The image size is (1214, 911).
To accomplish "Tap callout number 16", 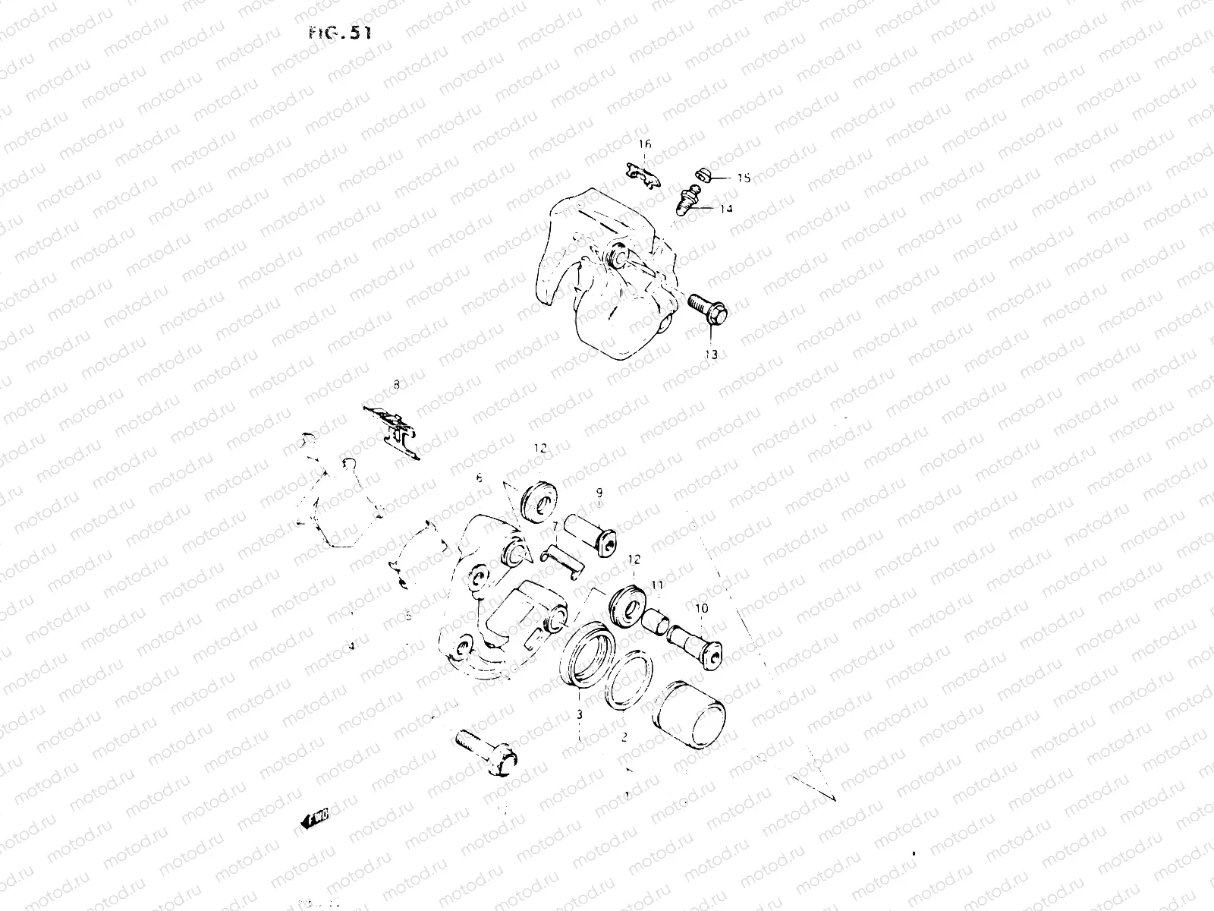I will click(644, 144).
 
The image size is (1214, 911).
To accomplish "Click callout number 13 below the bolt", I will click(711, 355).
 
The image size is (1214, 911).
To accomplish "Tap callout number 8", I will click(395, 386).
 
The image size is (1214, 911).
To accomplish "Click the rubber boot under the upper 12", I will click(540, 501).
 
